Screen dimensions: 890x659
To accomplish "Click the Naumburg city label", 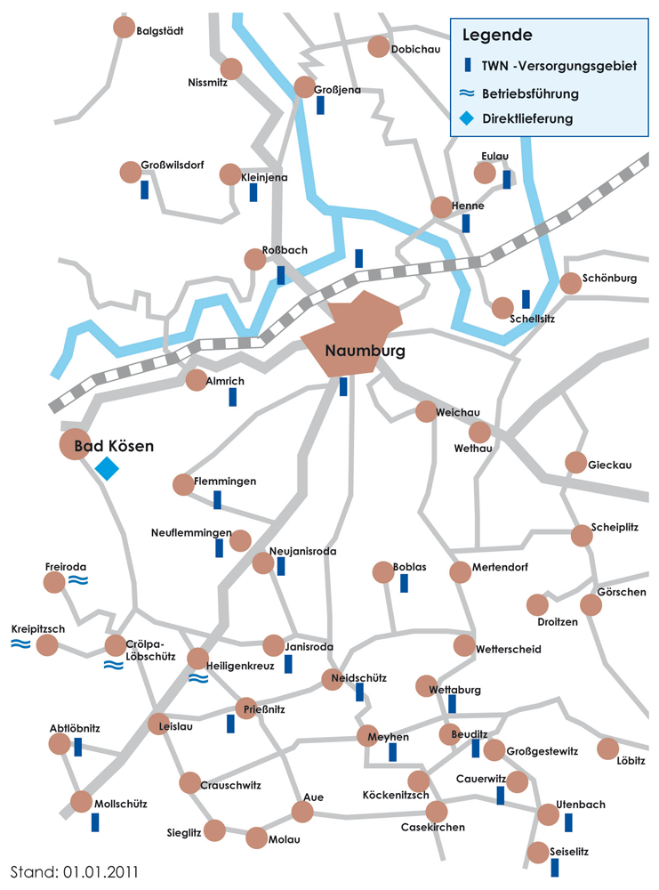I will (365, 351).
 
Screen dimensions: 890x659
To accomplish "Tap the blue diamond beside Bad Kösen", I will (107, 468).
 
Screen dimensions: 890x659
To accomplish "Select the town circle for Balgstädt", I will (125, 28).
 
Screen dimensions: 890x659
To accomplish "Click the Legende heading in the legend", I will (497, 36).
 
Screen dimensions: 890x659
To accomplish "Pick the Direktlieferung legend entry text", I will (527, 118).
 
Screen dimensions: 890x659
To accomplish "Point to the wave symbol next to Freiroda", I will (78, 580).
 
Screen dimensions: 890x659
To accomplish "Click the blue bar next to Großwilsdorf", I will (144, 190).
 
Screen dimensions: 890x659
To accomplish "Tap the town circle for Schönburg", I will (570, 282).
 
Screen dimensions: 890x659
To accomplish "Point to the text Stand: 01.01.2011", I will (74, 869).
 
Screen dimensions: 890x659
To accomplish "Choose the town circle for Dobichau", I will (379, 47).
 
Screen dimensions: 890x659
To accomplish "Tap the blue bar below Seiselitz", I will (555, 867).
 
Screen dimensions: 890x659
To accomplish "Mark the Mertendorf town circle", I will (460, 571).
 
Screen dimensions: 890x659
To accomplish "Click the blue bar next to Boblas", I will (404, 584).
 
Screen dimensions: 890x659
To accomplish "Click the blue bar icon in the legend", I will (467, 65).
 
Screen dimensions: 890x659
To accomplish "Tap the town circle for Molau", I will (256, 837).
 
